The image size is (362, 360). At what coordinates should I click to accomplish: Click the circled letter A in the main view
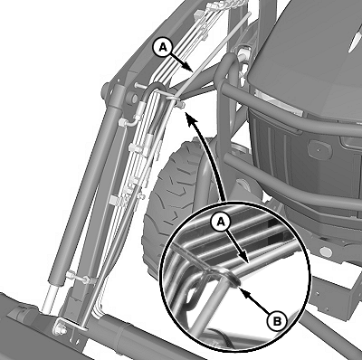click(x=163, y=48)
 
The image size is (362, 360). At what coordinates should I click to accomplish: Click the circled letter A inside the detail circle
click(x=222, y=223)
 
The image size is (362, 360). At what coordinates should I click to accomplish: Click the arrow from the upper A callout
click(x=182, y=62)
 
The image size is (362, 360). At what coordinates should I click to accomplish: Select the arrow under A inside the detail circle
click(x=238, y=246)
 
